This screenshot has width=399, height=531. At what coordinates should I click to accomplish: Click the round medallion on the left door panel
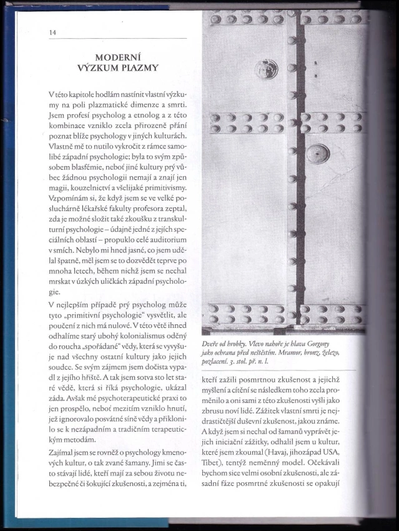tap(267, 68)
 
